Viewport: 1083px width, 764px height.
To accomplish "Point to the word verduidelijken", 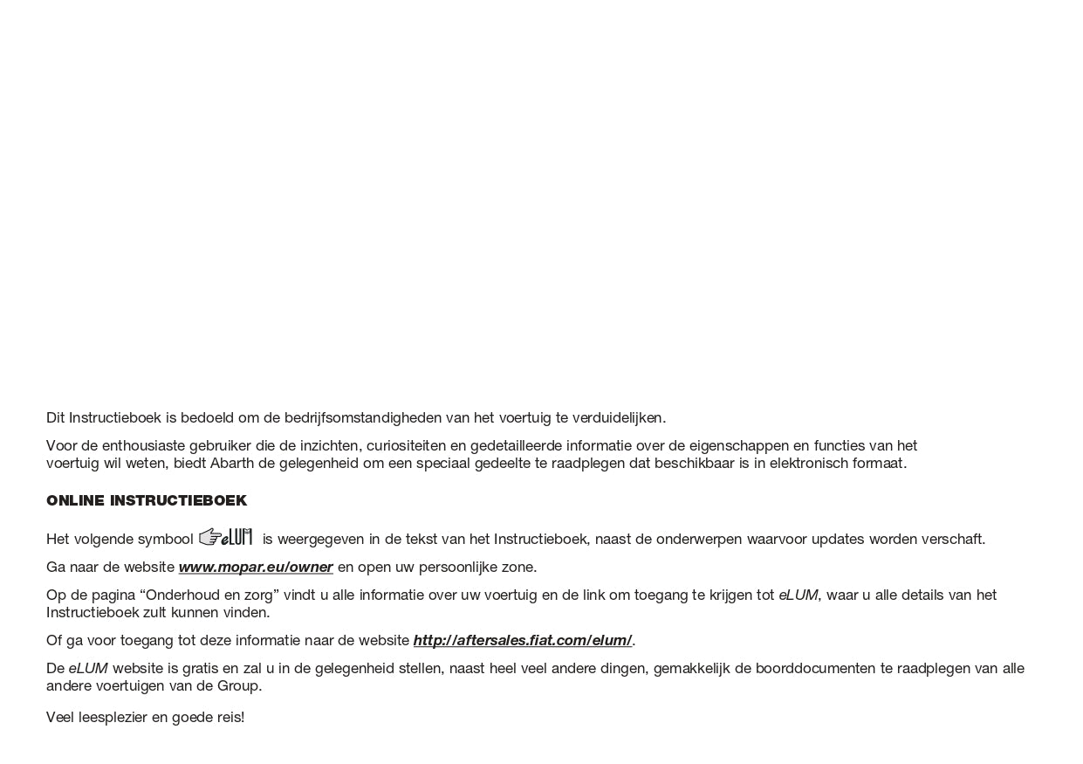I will pos(618,418).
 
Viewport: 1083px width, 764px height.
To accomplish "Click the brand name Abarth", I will pos(232,464).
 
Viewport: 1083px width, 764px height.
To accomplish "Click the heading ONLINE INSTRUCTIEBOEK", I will pos(147,501).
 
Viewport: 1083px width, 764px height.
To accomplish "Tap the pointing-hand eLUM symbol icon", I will pos(226,537).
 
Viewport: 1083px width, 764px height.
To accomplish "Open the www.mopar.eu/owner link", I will pos(256,568).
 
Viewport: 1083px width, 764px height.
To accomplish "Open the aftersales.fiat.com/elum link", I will pos(522,641).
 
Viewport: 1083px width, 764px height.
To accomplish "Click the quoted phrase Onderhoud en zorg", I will pos(209,595).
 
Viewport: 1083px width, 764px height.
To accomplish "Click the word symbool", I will pos(166,540).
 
